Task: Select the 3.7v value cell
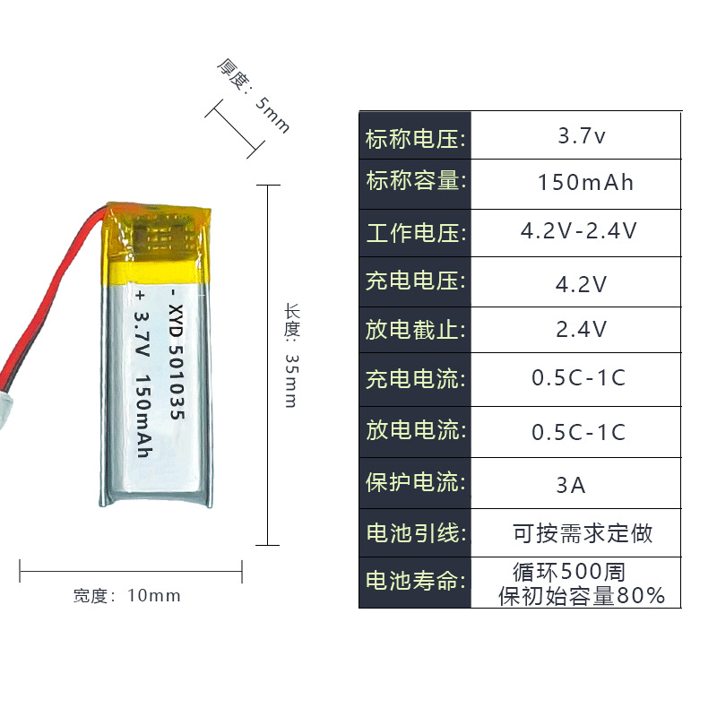pyautogui.click(x=582, y=137)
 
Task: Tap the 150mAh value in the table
pyautogui.click(x=585, y=183)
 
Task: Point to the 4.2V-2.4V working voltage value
pyautogui.click(x=579, y=231)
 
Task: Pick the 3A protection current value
pyautogui.click(x=570, y=486)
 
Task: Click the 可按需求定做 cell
pyautogui.click(x=583, y=534)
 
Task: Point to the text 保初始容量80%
pyautogui.click(x=582, y=595)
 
